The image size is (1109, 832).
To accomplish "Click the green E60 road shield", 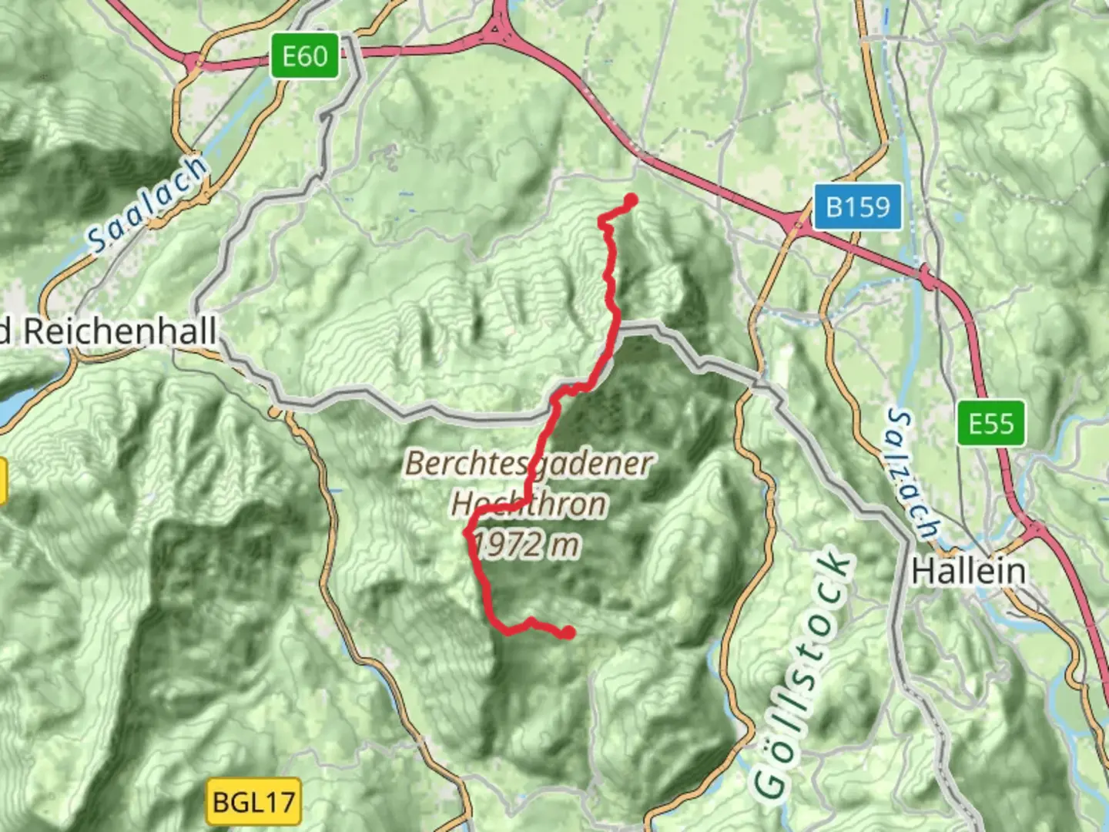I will point(304,56).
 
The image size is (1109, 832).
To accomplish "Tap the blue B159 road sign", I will point(857,206).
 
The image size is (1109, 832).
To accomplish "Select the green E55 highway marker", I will point(991,423).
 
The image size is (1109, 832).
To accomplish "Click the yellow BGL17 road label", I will point(253,802).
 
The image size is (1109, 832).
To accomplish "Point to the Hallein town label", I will point(969,572).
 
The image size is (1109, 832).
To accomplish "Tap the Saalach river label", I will point(147,204).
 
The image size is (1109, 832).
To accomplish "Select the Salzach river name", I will point(914,475).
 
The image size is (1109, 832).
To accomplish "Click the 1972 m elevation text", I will point(527,545).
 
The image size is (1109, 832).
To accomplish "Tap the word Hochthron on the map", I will point(529,505).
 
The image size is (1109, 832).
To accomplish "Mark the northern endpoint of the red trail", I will point(631,201).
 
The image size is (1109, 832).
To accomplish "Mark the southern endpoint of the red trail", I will point(568,632).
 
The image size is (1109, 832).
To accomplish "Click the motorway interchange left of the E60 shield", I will point(193,62).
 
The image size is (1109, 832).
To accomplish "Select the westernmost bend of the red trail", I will point(467,532).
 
